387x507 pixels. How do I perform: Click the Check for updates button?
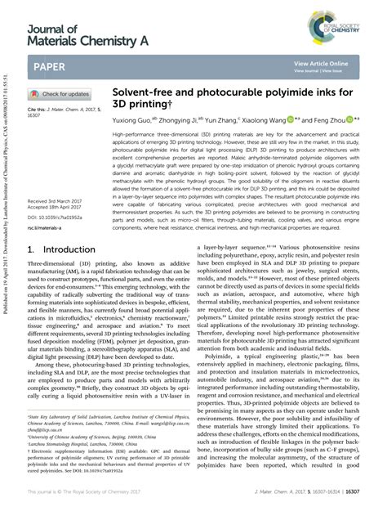[60, 94]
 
